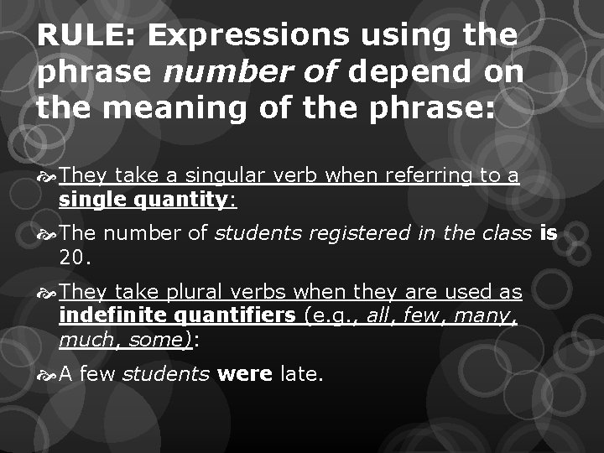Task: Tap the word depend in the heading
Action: click(410, 73)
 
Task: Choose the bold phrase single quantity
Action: click(143, 200)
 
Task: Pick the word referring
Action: click(434, 175)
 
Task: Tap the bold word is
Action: click(549, 233)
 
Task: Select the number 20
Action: click(74, 258)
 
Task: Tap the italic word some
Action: click(157, 341)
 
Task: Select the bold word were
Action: click(244, 374)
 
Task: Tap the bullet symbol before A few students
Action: click(47, 374)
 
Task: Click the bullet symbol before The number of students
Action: click(47, 233)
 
